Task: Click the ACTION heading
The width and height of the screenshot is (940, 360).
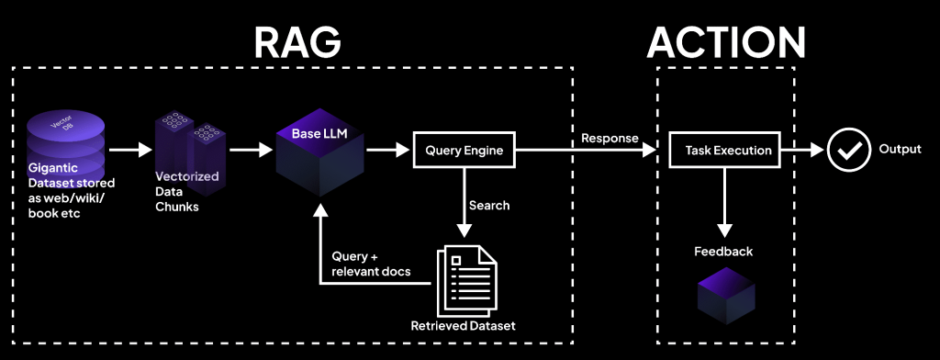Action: (x=725, y=41)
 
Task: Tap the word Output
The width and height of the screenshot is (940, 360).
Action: (x=901, y=150)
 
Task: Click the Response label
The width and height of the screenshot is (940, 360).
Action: (x=610, y=138)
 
